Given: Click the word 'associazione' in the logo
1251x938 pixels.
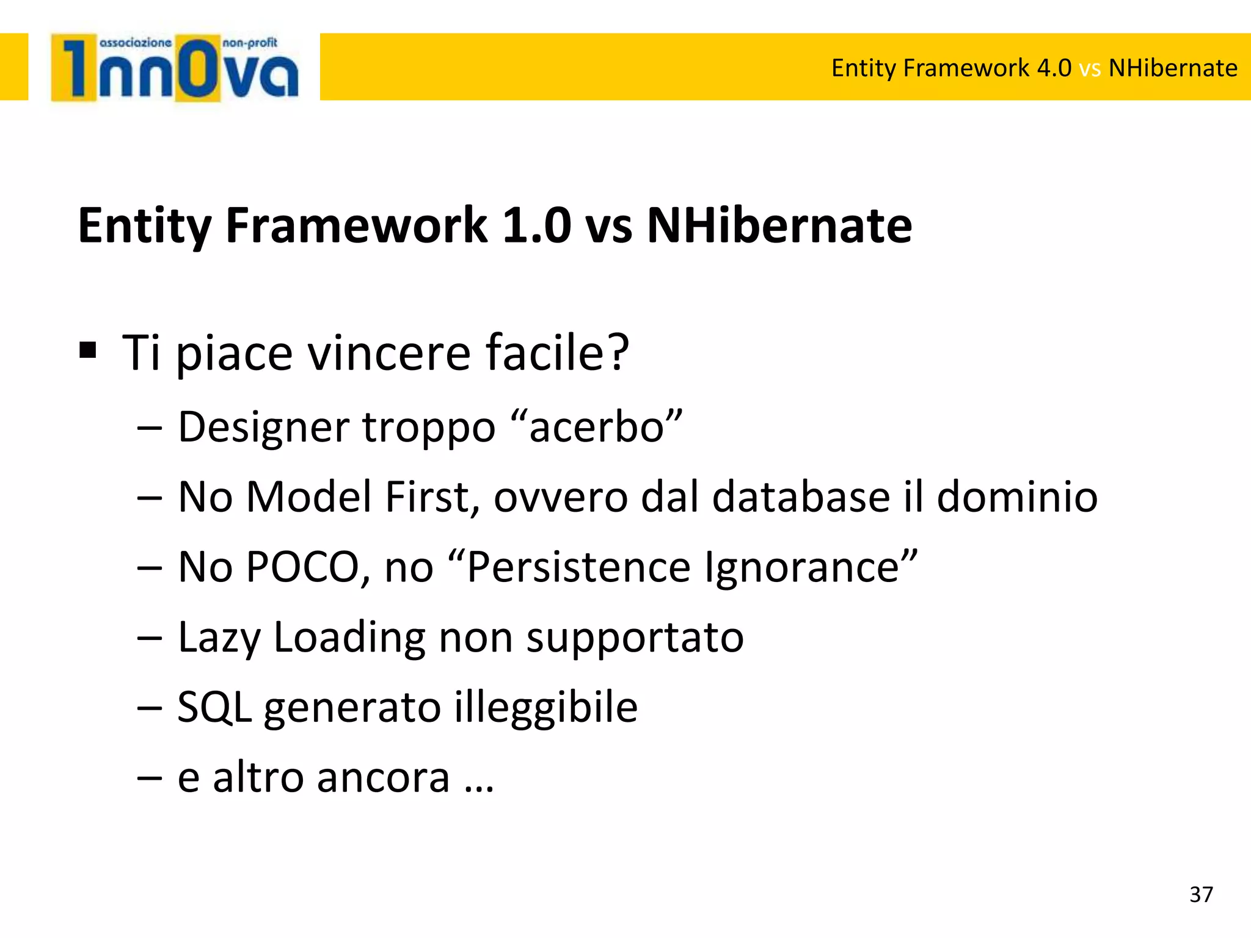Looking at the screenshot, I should coord(135,43).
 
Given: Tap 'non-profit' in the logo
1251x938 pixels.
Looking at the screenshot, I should coord(250,43).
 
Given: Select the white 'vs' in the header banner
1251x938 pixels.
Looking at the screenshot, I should coord(1090,68).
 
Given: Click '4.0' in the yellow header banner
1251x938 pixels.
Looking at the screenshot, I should coord(1054,68).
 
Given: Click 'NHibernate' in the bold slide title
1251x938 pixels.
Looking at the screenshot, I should coord(779,225).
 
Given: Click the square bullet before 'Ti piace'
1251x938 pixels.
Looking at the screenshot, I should coord(88,351).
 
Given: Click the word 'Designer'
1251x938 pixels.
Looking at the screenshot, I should coord(263,427).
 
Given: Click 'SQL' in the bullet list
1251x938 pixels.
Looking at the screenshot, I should coord(214,707).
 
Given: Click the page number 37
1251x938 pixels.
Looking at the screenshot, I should coord(1201,894).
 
